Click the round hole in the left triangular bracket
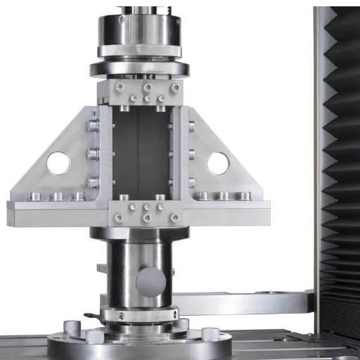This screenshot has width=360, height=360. (x=58, y=164)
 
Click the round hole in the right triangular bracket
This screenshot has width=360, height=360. (x=218, y=164)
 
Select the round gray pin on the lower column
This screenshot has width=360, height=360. (x=150, y=282)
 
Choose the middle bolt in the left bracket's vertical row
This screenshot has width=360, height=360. (x=93, y=153)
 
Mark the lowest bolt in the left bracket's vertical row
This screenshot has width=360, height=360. (x=93, y=181)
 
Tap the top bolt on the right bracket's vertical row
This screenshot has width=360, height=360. (x=191, y=127)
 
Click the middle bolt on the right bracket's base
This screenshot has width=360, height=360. (x=223, y=196)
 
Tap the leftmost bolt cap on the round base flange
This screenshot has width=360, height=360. (x=72, y=327)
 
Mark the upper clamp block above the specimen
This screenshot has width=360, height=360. (x=146, y=94)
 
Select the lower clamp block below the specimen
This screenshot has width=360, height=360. (x=146, y=212)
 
